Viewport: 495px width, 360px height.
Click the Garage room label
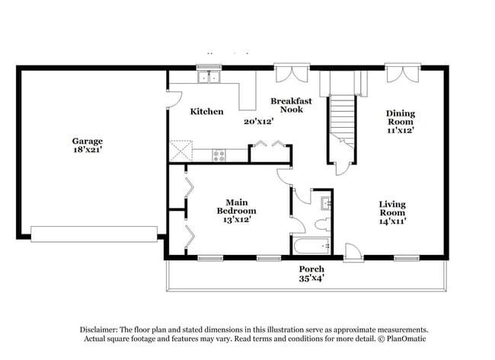click(x=88, y=141)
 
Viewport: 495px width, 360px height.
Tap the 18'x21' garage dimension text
click(x=88, y=150)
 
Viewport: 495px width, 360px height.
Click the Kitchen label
click(x=206, y=112)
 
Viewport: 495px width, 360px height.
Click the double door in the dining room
click(x=401, y=74)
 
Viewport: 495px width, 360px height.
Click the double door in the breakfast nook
click(x=290, y=75)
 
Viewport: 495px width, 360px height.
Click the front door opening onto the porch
click(x=353, y=251)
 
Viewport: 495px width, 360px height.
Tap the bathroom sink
click(x=325, y=202)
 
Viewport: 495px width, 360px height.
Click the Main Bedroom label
click(x=236, y=210)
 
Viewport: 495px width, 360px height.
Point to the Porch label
click(x=311, y=269)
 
